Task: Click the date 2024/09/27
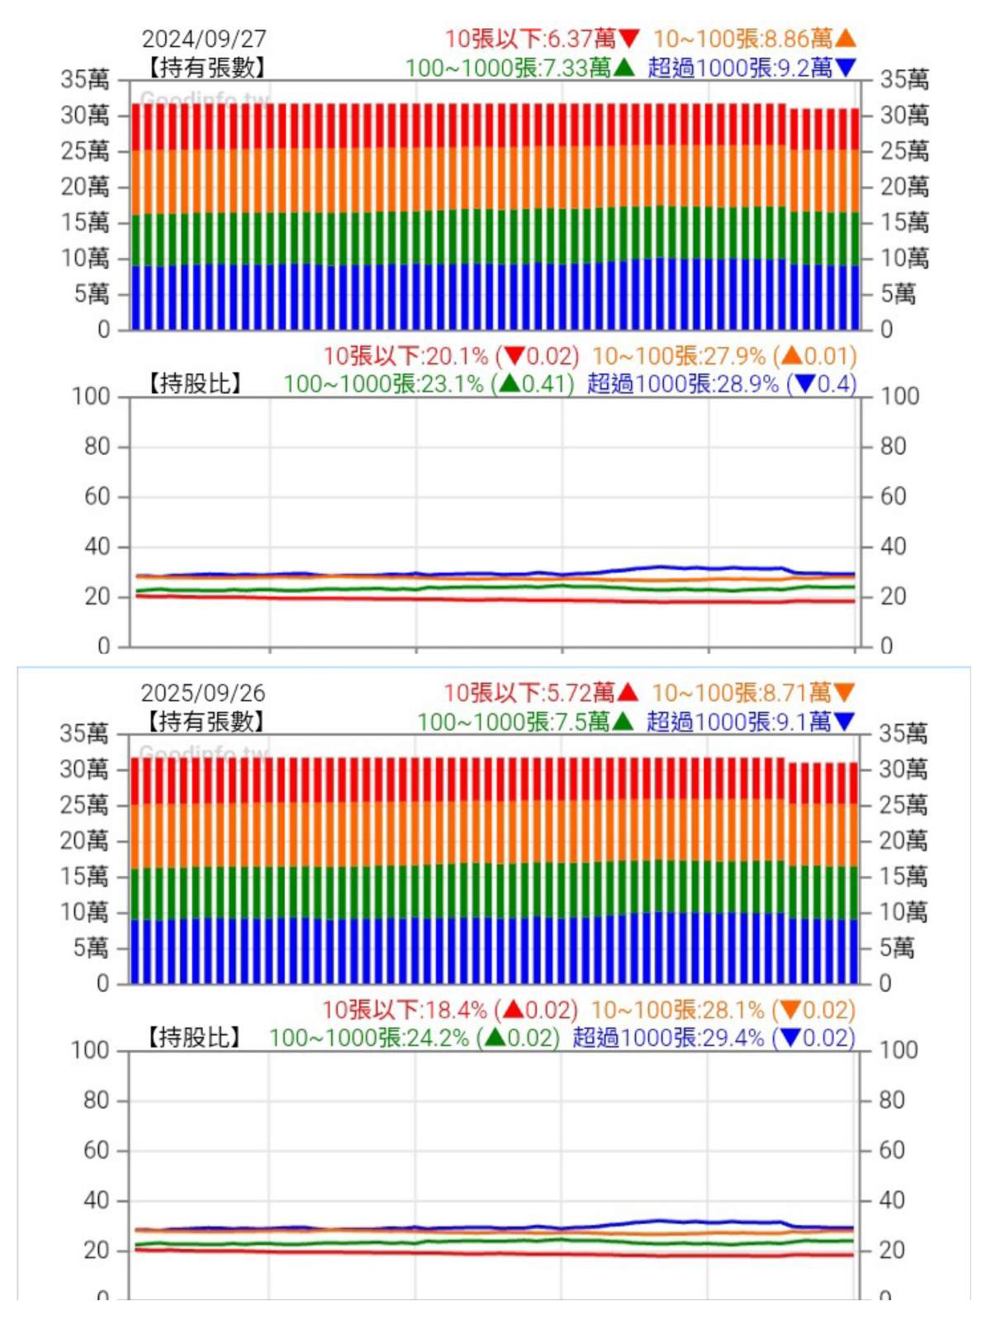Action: [x=204, y=39]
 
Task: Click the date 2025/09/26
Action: [x=203, y=693]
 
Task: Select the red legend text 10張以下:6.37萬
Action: [x=530, y=39]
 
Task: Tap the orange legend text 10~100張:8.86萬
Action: [x=742, y=39]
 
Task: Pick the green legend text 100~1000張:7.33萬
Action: [x=508, y=68]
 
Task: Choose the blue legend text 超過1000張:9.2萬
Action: [x=740, y=68]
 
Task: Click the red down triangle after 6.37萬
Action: [x=629, y=39]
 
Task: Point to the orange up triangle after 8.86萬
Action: [x=846, y=38]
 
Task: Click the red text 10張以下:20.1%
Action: [x=405, y=356]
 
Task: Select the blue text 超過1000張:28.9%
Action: [x=683, y=384]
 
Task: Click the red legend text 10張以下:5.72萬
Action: [x=529, y=693]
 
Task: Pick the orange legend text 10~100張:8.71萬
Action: [x=741, y=693]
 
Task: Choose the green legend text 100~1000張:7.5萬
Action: [x=514, y=722]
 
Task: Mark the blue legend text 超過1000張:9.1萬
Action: [x=738, y=722]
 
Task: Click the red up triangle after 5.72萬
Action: [x=628, y=692]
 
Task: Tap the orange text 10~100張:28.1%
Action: [x=678, y=1010]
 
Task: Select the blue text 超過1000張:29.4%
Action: [x=668, y=1038]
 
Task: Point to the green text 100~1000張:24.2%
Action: [x=369, y=1038]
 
